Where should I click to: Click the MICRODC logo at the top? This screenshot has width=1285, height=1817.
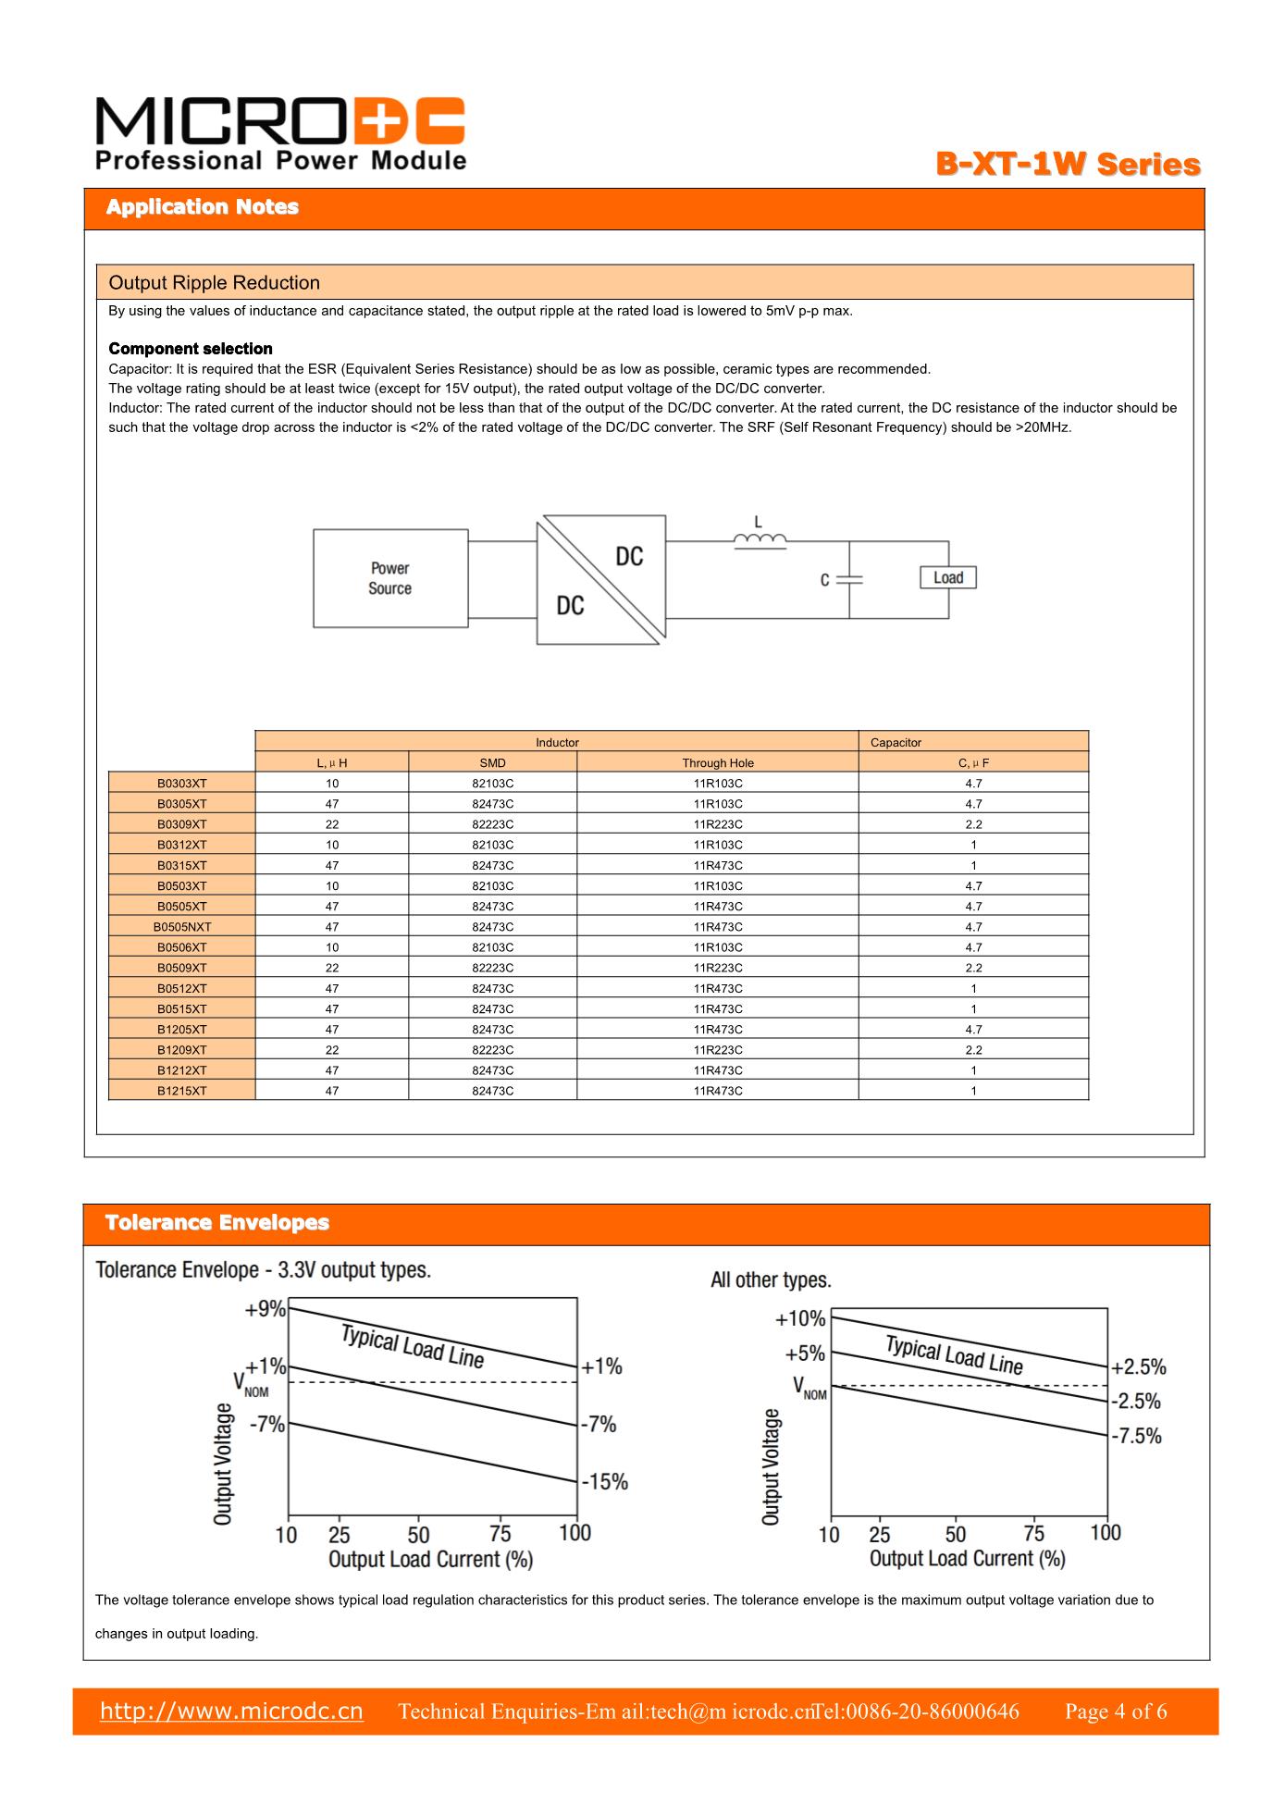[x=279, y=135]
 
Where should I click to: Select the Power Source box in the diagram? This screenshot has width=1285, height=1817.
[x=389, y=578]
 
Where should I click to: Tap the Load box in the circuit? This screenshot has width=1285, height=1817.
[x=947, y=577]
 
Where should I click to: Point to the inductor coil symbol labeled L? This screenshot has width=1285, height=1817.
[x=760, y=540]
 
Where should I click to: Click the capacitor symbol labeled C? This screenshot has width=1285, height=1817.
[x=849, y=579]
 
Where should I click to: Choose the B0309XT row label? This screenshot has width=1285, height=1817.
[x=181, y=824]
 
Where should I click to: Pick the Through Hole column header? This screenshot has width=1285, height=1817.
[x=717, y=763]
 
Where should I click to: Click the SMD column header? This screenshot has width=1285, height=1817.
[x=492, y=763]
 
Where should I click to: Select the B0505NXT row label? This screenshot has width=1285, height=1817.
[x=181, y=927]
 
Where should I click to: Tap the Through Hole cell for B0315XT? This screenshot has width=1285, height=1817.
[x=717, y=866]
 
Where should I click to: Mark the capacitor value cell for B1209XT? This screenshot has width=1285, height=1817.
[x=973, y=1050]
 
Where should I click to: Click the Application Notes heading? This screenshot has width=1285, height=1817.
[x=202, y=207]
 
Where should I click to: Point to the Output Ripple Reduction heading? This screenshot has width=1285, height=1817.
[x=214, y=283]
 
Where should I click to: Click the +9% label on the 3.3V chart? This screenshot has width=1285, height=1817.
[x=265, y=1309]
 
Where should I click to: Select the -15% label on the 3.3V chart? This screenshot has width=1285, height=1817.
[x=605, y=1482]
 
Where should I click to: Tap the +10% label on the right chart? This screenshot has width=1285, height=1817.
[x=799, y=1318]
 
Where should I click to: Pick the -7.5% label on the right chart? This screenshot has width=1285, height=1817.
[x=1137, y=1436]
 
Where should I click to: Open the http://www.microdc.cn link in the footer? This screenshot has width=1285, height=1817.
[x=231, y=1711]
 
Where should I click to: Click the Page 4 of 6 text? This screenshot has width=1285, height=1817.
[x=1115, y=1712]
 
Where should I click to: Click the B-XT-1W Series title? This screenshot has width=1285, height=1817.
[x=1068, y=165]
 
